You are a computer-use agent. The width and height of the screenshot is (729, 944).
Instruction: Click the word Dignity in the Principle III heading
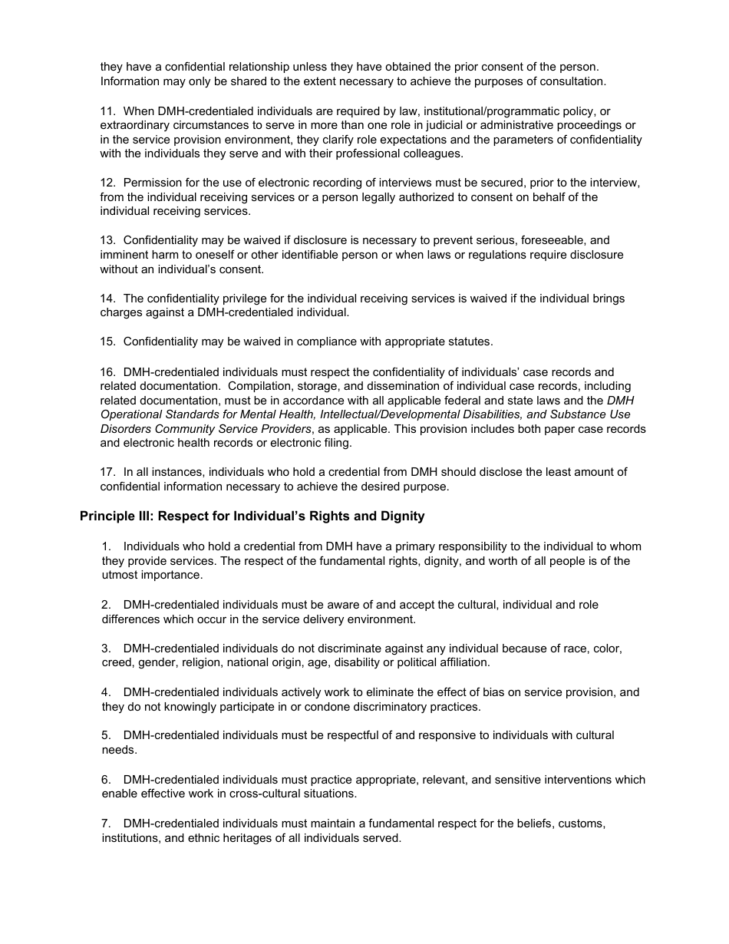[x=402, y=517]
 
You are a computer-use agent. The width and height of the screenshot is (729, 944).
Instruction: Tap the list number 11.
[x=107, y=111]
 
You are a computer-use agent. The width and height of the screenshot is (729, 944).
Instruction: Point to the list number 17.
[x=107, y=472]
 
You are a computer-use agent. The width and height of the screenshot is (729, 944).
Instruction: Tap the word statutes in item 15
[x=468, y=342]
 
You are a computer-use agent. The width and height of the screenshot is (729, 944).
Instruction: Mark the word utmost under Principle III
[x=119, y=576]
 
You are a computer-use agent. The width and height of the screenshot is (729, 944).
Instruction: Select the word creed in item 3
[x=117, y=662]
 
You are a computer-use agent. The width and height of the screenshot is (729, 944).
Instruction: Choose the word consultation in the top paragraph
[x=572, y=81]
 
